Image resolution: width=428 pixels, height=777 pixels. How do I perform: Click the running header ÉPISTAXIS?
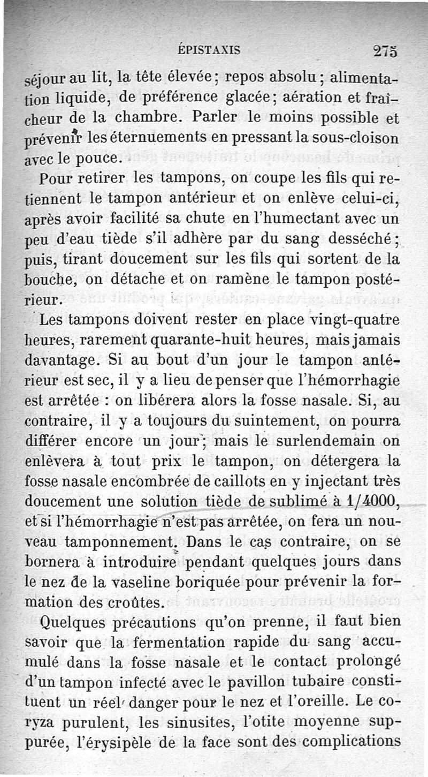[209, 51]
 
